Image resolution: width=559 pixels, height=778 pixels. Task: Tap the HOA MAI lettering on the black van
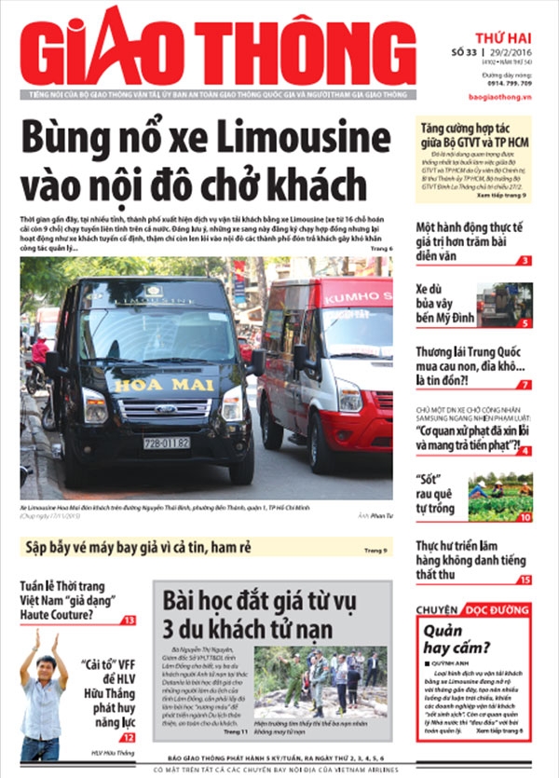151,384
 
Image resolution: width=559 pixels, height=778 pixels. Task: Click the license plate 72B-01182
167,443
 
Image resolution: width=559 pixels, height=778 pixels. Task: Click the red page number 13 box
130,620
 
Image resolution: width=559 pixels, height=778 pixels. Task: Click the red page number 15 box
525,580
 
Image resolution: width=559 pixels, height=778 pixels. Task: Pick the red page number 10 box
525,517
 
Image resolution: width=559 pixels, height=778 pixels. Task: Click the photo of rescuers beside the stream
320,681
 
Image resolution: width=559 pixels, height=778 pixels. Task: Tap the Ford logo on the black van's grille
150,408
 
